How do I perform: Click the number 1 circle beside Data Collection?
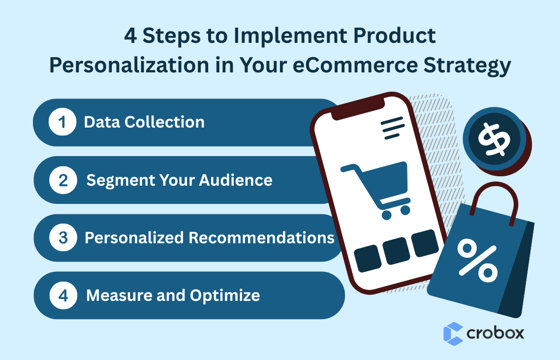point(62,123)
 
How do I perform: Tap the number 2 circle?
point(63,180)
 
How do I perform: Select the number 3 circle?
point(63,238)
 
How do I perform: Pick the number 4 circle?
point(63,295)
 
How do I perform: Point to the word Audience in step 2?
point(235,180)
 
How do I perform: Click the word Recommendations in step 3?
point(262,238)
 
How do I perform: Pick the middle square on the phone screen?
point(396,252)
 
